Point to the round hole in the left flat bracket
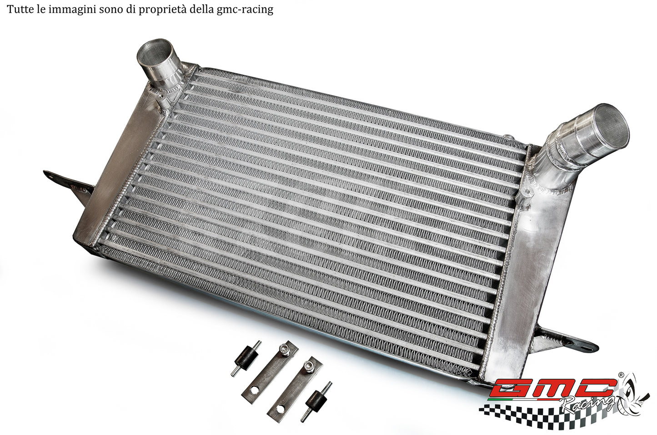pos(253,390)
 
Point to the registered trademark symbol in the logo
pos(621,375)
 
